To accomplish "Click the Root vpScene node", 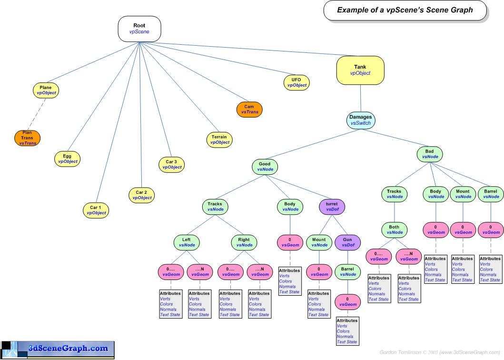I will tap(139, 29).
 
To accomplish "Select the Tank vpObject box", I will tap(360, 70).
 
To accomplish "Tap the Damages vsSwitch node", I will tap(360, 120).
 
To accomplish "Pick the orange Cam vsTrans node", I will tap(249, 109).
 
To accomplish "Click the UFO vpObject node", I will tap(296, 82).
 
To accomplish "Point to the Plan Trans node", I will tap(28, 138).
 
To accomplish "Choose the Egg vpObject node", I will tap(67, 159).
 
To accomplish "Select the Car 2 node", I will tap(142, 195).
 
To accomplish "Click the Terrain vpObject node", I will tap(219, 140).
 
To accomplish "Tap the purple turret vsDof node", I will tap(332, 206).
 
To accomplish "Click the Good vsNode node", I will tap(265, 166).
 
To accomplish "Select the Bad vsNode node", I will tap(430, 154).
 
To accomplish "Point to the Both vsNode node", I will tap(394, 230).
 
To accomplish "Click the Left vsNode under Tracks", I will tap(186, 242).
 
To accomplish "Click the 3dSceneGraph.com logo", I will tap(58, 350).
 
